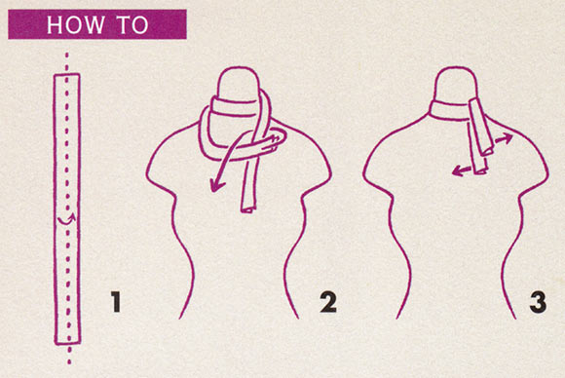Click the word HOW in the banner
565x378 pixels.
tap(75, 24)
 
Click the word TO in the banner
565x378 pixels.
tap(133, 24)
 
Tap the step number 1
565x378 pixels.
tap(116, 302)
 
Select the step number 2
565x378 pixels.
tap(328, 302)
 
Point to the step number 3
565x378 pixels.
tap(538, 302)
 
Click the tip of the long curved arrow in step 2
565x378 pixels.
tap(212, 191)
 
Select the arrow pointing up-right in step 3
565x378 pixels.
tap(504, 139)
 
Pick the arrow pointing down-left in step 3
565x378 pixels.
tap(462, 170)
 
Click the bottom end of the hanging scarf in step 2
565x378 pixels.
tap(247, 209)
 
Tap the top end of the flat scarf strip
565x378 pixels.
tap(66, 75)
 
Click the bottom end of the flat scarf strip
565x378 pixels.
tap(68, 342)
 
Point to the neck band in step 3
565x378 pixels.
tap(449, 110)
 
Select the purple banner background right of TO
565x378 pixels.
tap(168, 24)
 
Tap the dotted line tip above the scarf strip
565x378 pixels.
tap(66, 55)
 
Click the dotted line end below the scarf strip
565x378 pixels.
tap(69, 361)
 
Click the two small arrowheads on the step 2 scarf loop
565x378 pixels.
tap(276, 141)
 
